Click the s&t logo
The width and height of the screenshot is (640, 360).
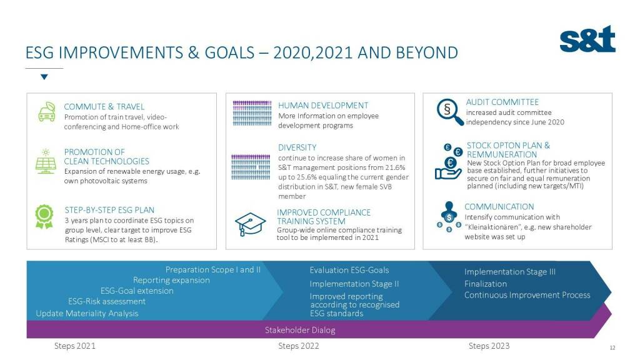[x=587, y=39]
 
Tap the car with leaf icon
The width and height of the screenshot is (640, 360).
[x=47, y=112]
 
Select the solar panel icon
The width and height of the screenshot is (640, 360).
[x=46, y=161]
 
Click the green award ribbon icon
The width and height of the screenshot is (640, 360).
[x=44, y=216]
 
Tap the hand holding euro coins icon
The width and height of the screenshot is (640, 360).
[x=449, y=162]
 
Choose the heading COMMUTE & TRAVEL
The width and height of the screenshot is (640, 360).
[x=104, y=106]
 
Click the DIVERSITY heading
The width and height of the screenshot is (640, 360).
[x=297, y=147]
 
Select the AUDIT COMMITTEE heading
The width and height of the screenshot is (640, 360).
[x=502, y=102]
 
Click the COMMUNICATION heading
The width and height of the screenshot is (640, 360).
[x=499, y=206]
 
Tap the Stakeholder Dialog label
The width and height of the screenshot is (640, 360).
[x=300, y=330]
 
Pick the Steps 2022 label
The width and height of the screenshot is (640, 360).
[x=299, y=346]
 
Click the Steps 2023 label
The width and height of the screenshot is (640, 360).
[x=489, y=346]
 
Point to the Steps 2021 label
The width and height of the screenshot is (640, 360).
[x=75, y=346]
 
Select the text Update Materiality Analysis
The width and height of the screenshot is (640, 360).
[x=87, y=314]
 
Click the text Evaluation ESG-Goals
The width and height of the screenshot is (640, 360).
[x=349, y=270]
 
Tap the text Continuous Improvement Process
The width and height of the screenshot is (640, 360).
[x=527, y=295]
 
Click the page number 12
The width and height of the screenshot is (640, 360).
[x=612, y=347]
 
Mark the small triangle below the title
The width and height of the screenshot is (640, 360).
[x=44, y=77]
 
